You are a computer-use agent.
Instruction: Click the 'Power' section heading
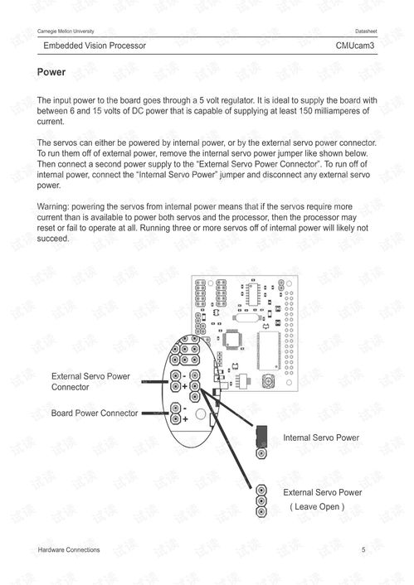click(51, 72)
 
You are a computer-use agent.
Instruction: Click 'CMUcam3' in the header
click(354, 46)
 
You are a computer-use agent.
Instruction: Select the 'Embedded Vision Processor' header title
click(95, 46)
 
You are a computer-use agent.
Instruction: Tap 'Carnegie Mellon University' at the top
click(66, 31)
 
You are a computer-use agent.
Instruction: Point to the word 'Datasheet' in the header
click(366, 31)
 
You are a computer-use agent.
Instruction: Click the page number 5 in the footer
click(363, 549)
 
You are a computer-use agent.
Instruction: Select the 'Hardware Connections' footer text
click(69, 549)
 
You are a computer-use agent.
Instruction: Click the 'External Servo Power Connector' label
click(90, 382)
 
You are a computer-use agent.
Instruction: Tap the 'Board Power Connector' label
click(95, 413)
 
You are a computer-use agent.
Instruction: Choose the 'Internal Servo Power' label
click(321, 438)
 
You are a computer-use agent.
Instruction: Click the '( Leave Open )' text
click(317, 506)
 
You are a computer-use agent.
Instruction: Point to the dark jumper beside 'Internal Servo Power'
click(261, 436)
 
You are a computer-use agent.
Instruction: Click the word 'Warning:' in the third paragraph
click(53, 206)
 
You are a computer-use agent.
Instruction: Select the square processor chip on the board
click(232, 340)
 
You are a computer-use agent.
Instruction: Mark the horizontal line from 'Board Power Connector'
click(156, 413)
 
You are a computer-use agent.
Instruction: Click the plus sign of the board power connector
click(185, 419)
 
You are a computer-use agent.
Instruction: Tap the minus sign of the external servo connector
click(184, 376)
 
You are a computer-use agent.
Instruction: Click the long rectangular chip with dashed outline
click(268, 351)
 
